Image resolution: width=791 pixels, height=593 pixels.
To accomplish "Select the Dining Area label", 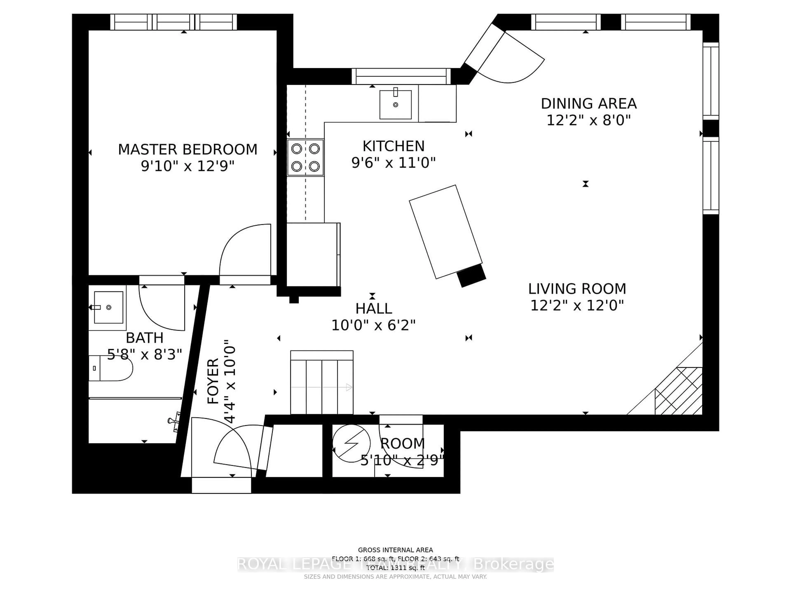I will (x=589, y=104).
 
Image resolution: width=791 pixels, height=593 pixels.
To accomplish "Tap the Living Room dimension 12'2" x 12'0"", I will (x=577, y=306).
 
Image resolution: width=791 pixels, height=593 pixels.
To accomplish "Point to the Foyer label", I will (x=213, y=381).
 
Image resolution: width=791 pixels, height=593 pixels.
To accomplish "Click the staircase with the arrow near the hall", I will (x=322, y=383).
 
